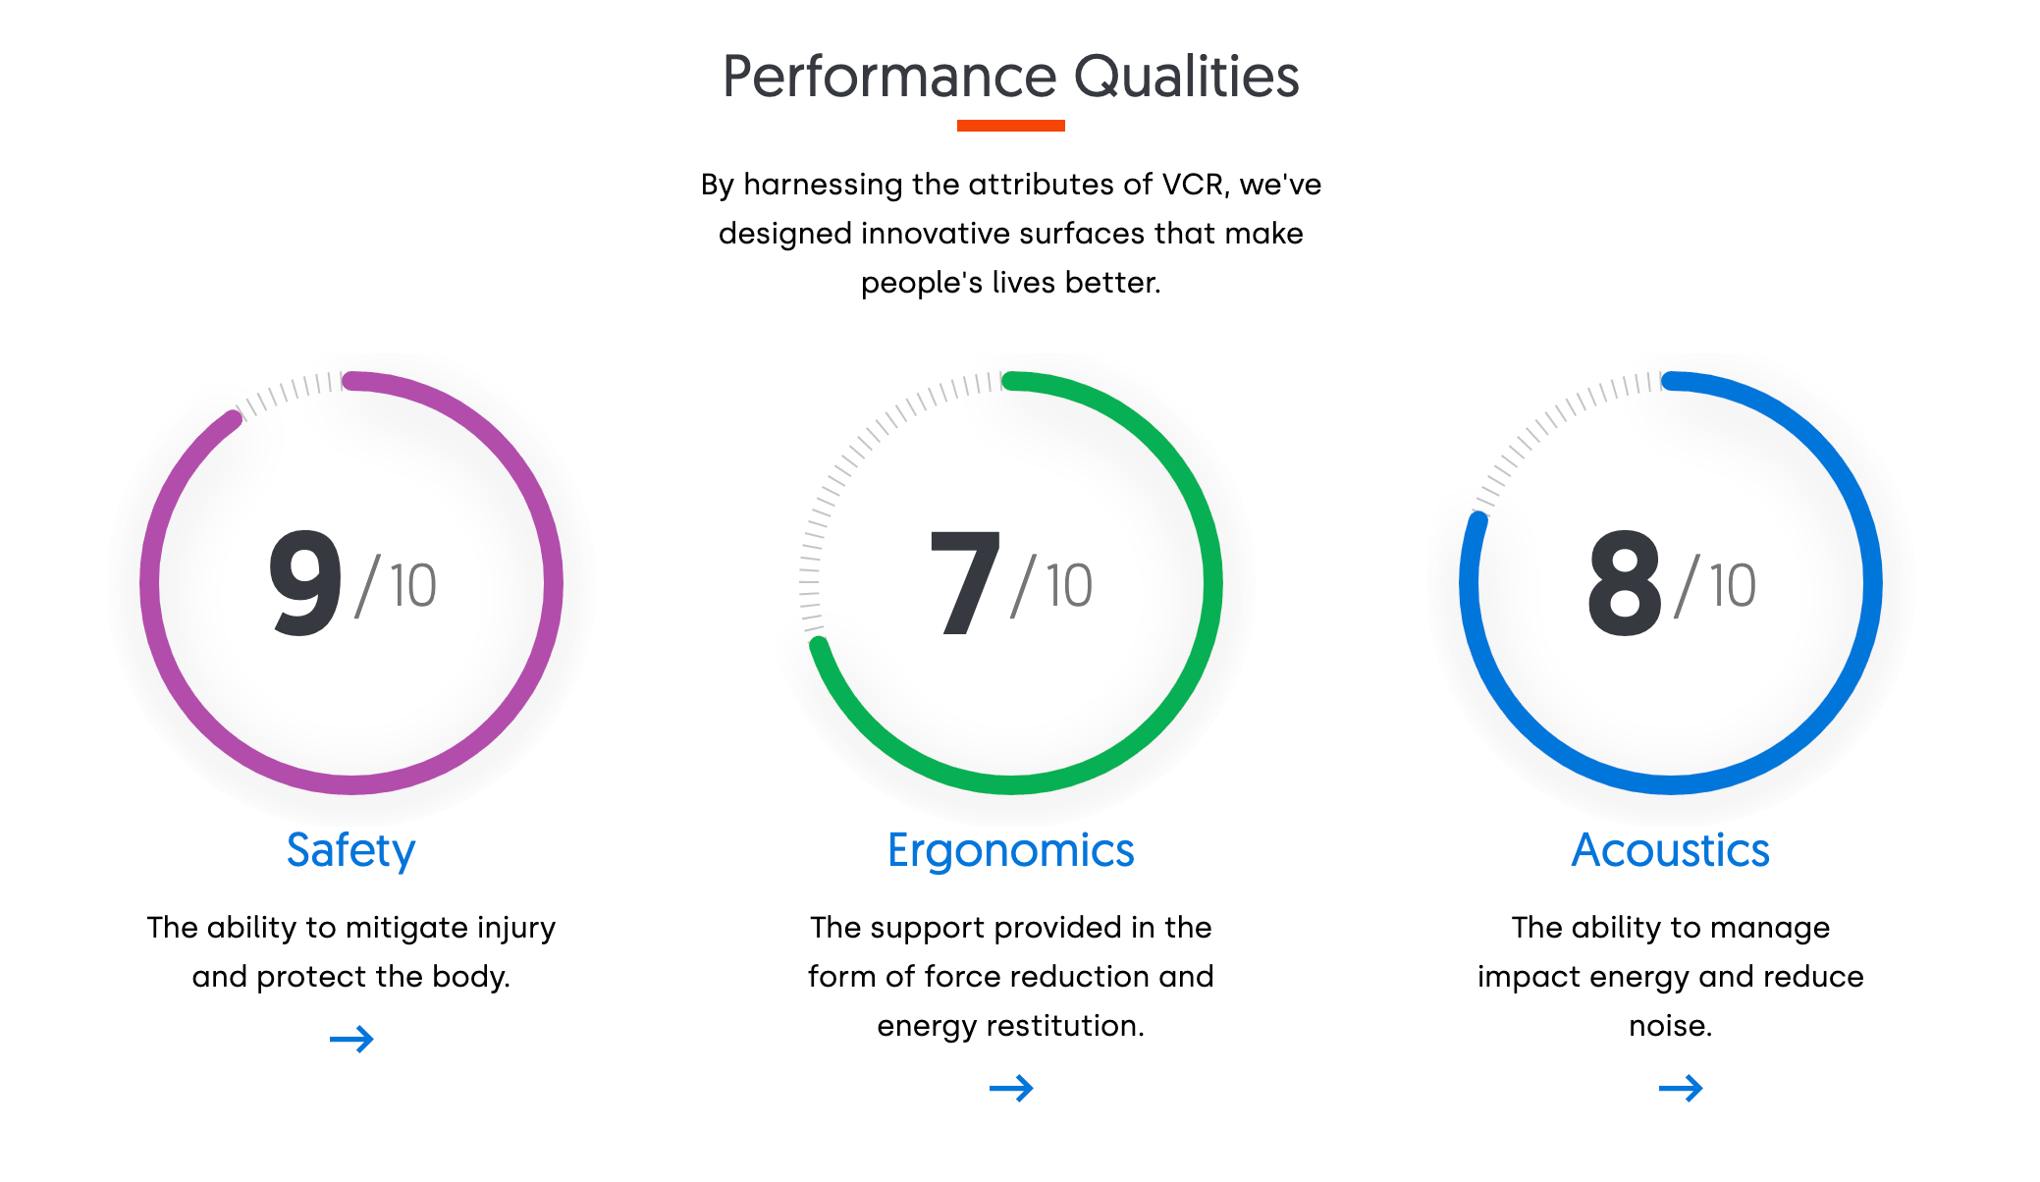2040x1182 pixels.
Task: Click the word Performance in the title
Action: (889, 77)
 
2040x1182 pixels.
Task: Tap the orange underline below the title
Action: (1011, 126)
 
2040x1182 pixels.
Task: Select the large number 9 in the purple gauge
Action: (305, 582)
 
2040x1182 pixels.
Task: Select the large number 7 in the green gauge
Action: (964, 583)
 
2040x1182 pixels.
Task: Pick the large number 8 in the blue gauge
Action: (1625, 582)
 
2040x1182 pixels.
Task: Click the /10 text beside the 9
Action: (396, 586)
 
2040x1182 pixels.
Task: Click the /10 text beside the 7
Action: (1051, 586)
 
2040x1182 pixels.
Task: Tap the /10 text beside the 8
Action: (1715, 586)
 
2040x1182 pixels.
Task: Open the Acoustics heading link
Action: (1671, 850)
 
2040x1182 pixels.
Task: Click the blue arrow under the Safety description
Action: (351, 1039)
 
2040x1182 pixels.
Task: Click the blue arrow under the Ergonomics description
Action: (1011, 1088)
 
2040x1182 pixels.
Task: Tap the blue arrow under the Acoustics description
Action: (1681, 1088)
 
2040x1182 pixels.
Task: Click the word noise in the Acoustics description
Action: (1671, 1027)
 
